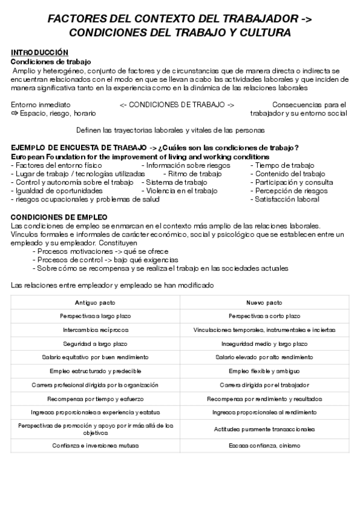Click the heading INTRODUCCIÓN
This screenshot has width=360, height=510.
click(40, 53)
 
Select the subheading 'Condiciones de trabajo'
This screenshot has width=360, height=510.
click(51, 61)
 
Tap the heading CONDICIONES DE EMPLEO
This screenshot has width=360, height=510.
click(59, 217)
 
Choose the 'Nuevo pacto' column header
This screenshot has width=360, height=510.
click(264, 303)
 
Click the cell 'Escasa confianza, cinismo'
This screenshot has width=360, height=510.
click(264, 446)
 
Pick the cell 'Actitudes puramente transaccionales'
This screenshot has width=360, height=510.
click(264, 429)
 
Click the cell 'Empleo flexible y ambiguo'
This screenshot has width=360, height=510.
click(264, 371)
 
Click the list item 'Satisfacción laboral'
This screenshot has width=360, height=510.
click(287, 199)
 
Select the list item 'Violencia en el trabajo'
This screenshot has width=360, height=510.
click(179, 191)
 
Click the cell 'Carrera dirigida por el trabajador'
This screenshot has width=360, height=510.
click(264, 385)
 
